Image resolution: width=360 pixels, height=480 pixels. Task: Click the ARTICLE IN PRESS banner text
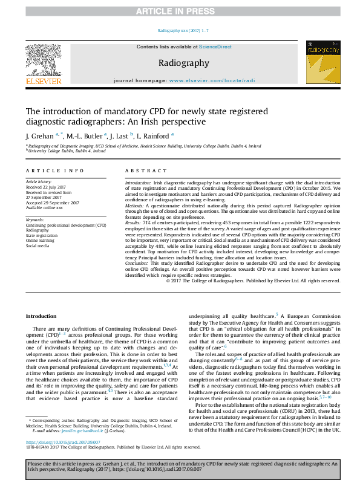click(180, 11)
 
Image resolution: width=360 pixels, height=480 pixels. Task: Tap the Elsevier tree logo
click(42, 59)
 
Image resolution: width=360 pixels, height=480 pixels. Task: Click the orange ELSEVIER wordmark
click(42, 81)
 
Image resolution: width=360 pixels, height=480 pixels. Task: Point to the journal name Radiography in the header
click(184, 63)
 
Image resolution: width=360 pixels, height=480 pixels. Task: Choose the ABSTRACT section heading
click(141, 171)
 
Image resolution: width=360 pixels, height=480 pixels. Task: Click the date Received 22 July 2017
click(47, 186)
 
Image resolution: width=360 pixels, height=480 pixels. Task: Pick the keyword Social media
click(38, 246)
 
